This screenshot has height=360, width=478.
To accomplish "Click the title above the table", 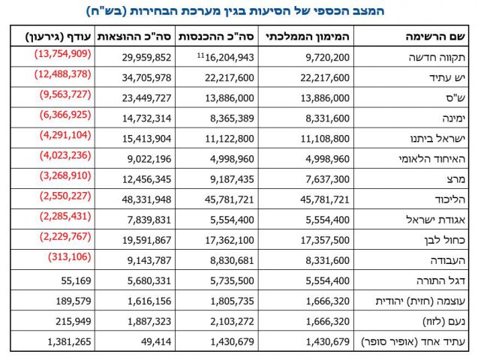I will coord(239,11).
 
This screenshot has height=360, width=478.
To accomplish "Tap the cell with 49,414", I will coord(155,341).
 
